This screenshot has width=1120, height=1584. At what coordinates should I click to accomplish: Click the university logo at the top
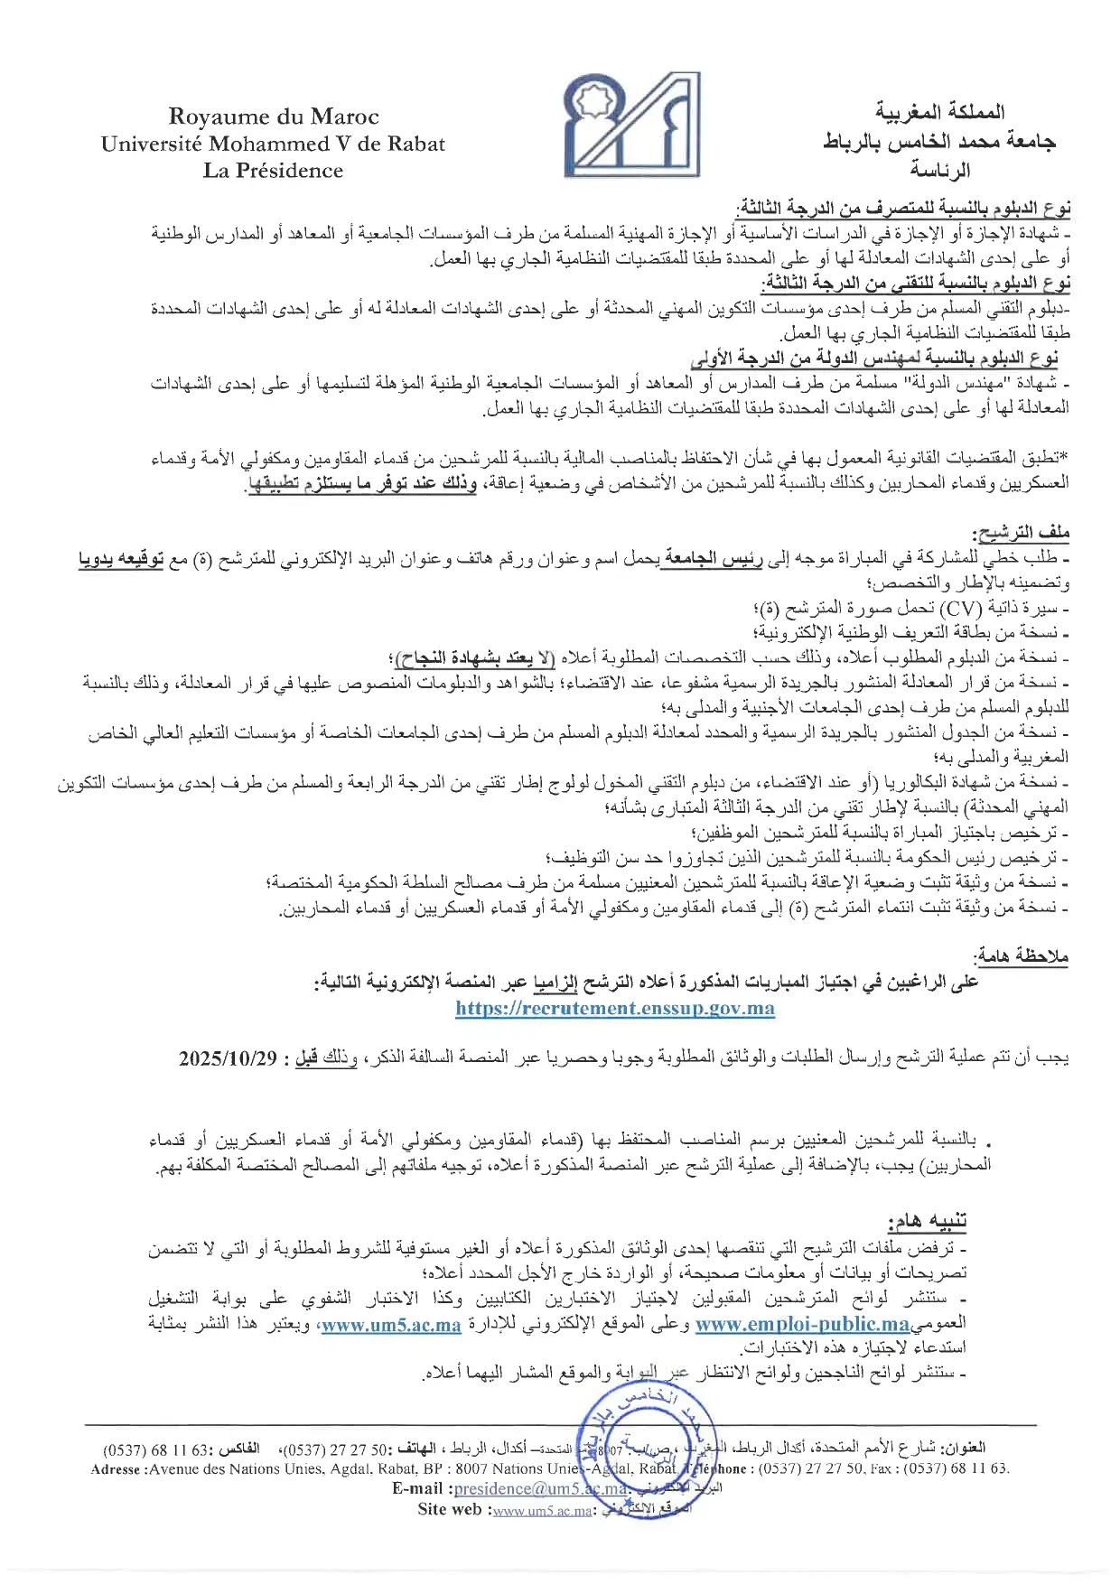coord(631,126)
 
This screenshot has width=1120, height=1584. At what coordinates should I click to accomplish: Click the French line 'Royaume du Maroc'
coord(273,116)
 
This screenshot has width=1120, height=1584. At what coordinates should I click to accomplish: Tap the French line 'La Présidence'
coord(273,171)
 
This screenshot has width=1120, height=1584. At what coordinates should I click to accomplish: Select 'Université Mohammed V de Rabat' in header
coord(273,144)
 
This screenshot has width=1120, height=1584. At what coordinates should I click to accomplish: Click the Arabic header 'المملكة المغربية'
coord(939,112)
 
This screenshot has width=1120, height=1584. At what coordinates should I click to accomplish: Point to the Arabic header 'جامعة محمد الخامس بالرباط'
coord(939,141)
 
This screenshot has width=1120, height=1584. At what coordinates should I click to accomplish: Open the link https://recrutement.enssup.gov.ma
coord(614,1008)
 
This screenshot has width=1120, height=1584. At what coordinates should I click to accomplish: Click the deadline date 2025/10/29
coord(228,1058)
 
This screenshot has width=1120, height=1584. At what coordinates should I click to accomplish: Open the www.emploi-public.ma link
coord(802,1325)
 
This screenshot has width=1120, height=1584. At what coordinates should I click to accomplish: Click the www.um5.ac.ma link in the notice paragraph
coord(391,1325)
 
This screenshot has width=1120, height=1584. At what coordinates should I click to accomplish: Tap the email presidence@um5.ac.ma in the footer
coord(540,1488)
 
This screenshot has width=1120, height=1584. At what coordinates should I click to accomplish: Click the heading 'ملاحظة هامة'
coord(1022,955)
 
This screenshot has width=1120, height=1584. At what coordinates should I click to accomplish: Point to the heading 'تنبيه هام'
coord(928,1222)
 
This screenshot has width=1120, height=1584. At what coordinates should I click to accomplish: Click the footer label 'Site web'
coord(450,1509)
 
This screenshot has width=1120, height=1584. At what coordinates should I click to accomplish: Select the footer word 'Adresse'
coord(117,1469)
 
